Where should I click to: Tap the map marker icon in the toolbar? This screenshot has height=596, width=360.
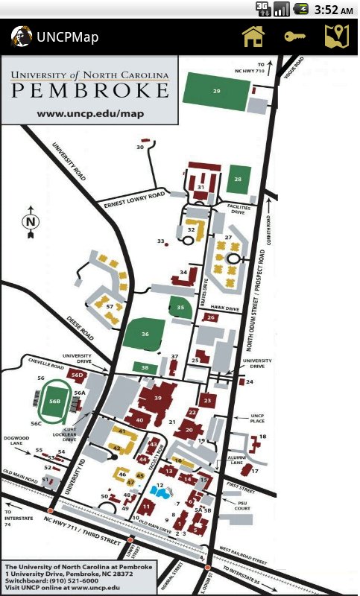point(335,36)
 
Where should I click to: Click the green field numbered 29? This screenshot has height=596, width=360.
point(216,91)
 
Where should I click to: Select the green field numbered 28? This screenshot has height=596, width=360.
point(239,179)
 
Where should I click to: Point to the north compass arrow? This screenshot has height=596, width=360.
point(31,221)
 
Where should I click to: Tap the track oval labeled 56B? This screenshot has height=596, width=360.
point(54,400)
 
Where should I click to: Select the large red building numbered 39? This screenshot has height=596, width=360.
point(157,399)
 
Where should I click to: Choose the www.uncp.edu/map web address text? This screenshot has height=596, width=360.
point(89,113)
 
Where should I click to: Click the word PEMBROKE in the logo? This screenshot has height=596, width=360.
point(89,91)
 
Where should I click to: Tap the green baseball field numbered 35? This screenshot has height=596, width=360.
point(180,307)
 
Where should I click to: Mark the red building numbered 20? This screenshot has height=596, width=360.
point(189,430)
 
